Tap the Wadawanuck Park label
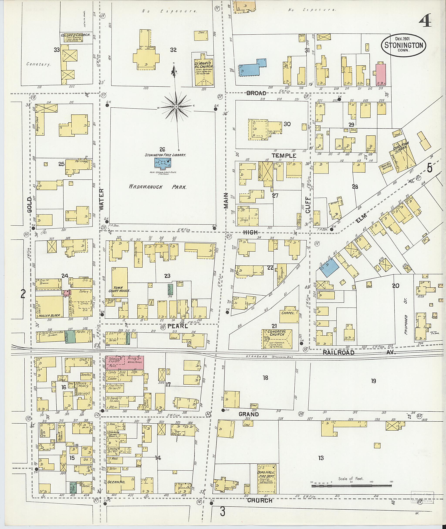point(157,187)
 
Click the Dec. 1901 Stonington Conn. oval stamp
point(404,46)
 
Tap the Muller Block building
point(49,306)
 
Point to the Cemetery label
point(38,64)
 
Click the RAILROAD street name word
point(338,353)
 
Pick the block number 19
point(373,381)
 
